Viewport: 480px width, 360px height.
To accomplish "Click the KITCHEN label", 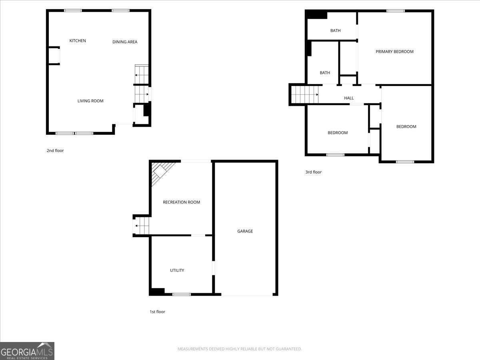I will point(78,41).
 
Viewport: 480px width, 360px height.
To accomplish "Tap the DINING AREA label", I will point(125,42).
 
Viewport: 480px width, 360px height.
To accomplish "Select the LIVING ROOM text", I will point(90,101).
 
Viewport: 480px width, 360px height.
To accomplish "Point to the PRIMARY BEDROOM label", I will point(394,52).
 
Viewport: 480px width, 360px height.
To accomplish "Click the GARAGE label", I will point(245,231).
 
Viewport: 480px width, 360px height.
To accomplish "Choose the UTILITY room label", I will point(177,270).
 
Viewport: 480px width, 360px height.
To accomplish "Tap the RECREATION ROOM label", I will point(181,202).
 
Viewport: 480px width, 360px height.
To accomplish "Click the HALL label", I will point(349,98).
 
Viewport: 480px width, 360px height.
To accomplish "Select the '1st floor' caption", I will point(157,312).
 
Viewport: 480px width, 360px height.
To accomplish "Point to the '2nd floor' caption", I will point(55,151).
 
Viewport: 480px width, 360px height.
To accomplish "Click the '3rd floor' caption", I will point(314,172).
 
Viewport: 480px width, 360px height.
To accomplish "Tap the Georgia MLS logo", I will point(27,351).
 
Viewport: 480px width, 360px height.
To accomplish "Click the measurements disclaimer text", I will point(240,349).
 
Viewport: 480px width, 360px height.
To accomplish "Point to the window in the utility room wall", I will point(181,294).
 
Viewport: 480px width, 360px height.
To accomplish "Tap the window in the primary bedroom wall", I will point(395,11).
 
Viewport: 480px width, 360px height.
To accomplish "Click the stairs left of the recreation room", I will point(142,226).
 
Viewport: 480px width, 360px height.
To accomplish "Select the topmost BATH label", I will point(335,31).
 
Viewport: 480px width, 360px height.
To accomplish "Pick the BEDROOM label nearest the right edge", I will point(406,127).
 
